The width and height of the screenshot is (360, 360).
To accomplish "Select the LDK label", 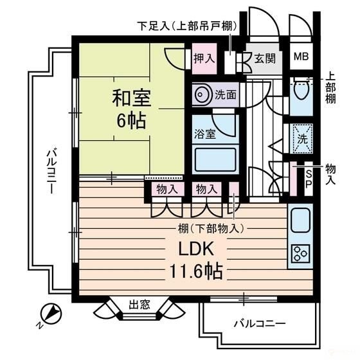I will click(x=195, y=249).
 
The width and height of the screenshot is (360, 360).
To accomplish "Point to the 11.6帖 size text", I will click(x=195, y=271).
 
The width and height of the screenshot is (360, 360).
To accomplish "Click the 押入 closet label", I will click(x=204, y=58).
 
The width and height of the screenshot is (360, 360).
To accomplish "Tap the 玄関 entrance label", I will click(x=264, y=59).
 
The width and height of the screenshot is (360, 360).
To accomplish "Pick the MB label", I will click(x=301, y=57).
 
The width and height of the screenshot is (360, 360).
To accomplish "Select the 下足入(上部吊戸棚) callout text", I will click(x=187, y=26).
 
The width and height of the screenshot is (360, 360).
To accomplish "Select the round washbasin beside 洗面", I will click(x=202, y=94).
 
